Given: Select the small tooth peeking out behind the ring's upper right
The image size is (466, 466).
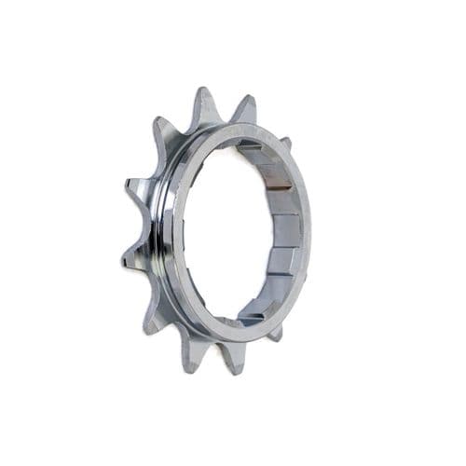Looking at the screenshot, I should pyautogui.click(x=285, y=143).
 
